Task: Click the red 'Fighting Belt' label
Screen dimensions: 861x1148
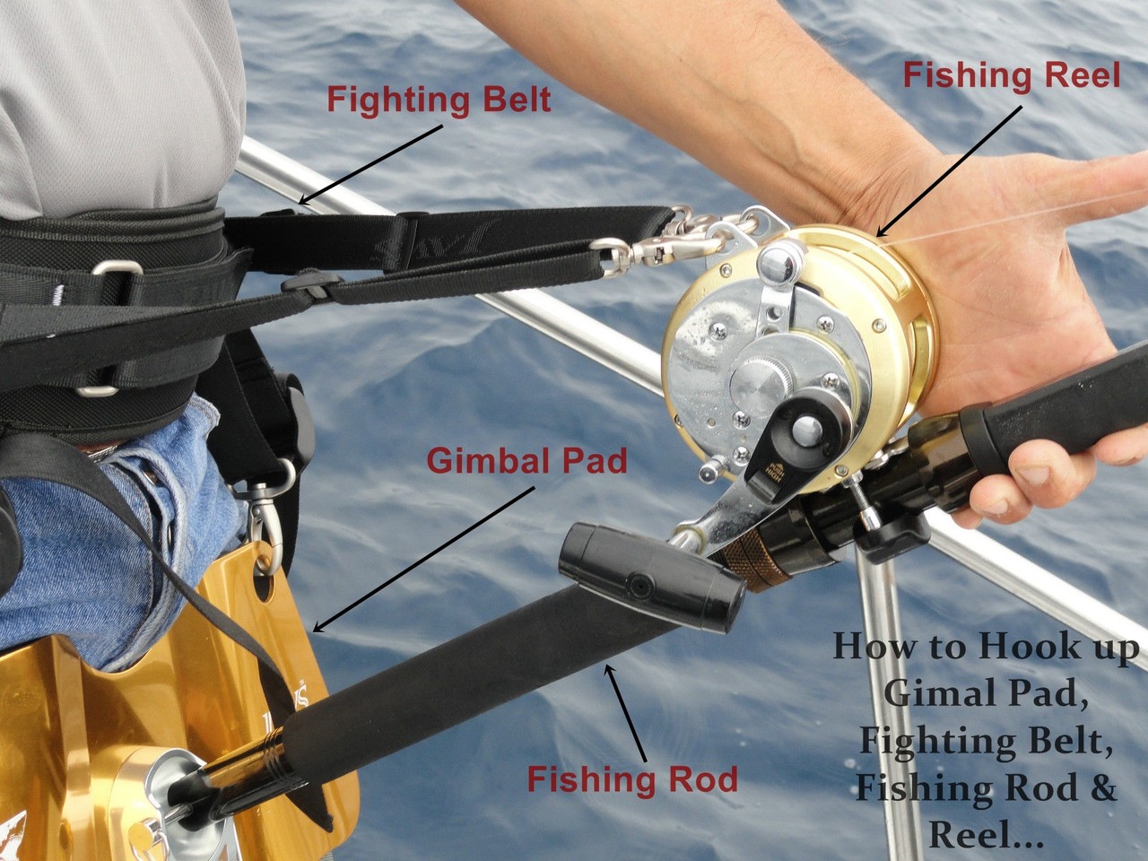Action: coord(439,100)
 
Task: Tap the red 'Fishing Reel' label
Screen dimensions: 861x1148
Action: coord(1011,75)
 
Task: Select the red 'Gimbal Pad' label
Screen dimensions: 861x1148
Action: coord(526,461)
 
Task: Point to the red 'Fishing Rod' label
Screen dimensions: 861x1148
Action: coord(632,778)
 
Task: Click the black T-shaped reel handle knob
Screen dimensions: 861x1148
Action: coord(653,583)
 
